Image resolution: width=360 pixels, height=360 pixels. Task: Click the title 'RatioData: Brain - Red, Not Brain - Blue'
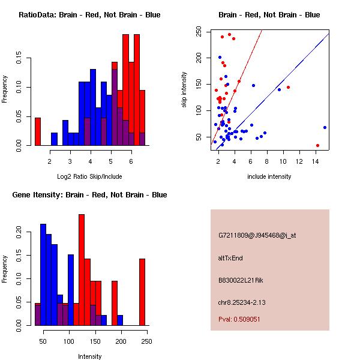pos(89,15)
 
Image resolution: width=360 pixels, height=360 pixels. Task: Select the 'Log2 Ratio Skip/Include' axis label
pos(89,176)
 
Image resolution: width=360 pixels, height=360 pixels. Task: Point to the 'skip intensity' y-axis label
pos(184,89)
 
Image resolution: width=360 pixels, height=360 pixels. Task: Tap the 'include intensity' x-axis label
pos(269,176)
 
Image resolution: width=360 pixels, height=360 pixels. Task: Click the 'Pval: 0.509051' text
pos(239,319)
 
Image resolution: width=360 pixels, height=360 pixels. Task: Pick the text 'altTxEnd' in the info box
pos(230,258)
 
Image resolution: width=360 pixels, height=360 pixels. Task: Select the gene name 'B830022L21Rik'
pos(241,280)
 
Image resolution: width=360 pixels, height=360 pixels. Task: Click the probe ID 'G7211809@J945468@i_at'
pos(257,235)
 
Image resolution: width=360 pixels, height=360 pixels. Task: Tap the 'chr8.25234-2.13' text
pos(242,302)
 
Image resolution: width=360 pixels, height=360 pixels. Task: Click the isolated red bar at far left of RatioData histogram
pos(38,131)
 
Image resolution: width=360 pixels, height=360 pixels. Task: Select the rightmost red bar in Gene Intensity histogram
pos(142,292)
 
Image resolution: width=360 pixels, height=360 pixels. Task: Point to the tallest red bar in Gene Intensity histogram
pos(82,270)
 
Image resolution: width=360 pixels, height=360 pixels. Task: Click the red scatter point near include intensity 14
pos(317,145)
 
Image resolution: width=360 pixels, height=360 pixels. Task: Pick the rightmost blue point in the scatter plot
pos(325,127)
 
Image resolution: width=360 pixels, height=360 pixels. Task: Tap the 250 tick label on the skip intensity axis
pos(199,31)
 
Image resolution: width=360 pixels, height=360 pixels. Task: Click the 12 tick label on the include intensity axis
pos(299,161)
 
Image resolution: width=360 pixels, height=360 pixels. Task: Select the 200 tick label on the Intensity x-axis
pos(121,341)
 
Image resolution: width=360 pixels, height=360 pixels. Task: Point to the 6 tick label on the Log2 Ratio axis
pos(131,161)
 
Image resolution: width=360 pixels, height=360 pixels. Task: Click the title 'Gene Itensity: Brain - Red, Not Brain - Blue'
pos(89,195)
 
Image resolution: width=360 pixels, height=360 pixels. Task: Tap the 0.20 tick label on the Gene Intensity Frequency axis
pos(19,232)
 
